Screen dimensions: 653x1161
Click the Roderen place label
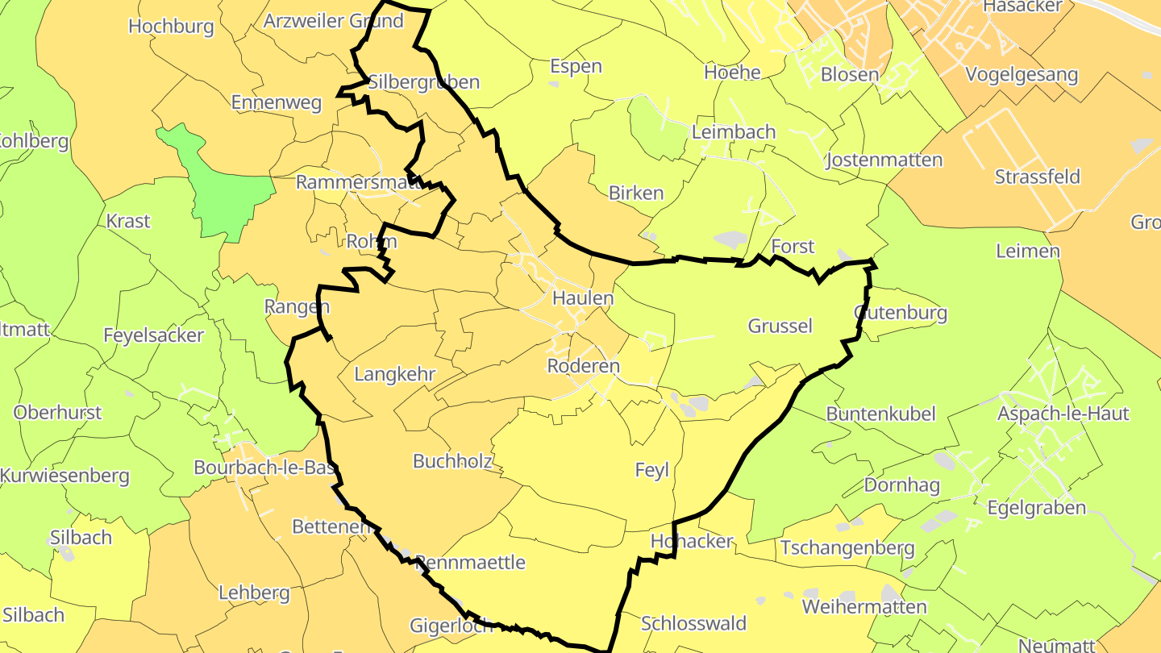pyautogui.click(x=583, y=366)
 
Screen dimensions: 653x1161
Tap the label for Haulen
pyautogui.click(x=583, y=298)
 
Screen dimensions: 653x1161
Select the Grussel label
pyautogui.click(x=780, y=326)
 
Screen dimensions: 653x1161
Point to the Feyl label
pyautogui.click(x=652, y=471)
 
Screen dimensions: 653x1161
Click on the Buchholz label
pyautogui.click(x=452, y=461)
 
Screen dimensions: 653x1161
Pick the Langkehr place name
pyautogui.click(x=395, y=374)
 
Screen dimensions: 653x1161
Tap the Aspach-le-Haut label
pyautogui.click(x=1063, y=414)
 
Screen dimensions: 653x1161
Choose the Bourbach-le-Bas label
pyautogui.click(x=265, y=468)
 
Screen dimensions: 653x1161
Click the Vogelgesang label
pyautogui.click(x=1021, y=75)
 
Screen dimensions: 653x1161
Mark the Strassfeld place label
pyautogui.click(x=1037, y=177)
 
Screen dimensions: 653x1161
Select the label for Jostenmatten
pyautogui.click(x=884, y=160)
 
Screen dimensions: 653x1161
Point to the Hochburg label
pyautogui.click(x=171, y=26)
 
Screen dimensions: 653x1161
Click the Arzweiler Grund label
pyautogui.click(x=333, y=21)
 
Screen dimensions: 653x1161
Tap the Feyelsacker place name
pyautogui.click(x=153, y=335)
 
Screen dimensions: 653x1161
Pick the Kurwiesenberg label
pyautogui.click(x=64, y=476)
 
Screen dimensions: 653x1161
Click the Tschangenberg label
pyautogui.click(x=847, y=548)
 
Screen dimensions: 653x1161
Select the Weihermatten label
pyautogui.click(x=864, y=606)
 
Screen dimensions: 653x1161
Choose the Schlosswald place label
pyautogui.click(x=693, y=623)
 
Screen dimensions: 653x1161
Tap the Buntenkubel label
pyautogui.click(x=880, y=414)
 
